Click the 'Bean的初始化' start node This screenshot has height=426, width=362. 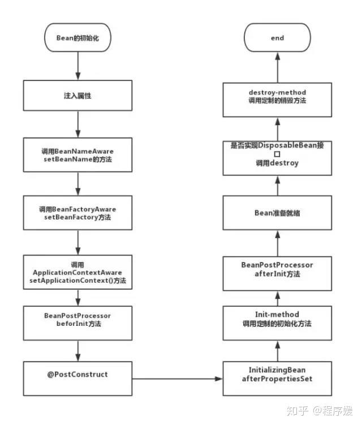77,38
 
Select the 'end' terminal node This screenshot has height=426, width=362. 277,38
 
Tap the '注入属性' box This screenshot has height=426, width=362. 77,96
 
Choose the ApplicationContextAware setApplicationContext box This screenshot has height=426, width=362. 77,273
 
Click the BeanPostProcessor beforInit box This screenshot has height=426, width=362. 77,320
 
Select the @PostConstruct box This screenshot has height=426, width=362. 77,375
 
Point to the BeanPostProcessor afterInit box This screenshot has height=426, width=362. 277,269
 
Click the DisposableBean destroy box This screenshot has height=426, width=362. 277,157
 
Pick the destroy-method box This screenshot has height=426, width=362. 277,96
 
